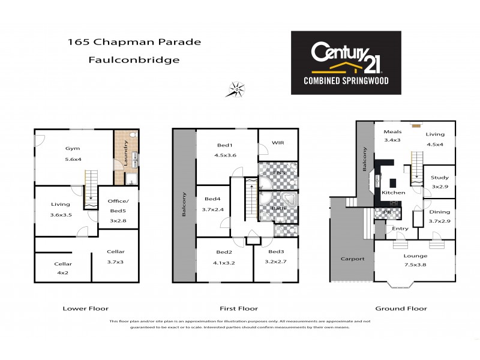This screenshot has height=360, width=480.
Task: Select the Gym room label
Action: pyautogui.click(x=73, y=148)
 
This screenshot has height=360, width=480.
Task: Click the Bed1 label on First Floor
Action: pyautogui.click(x=225, y=146)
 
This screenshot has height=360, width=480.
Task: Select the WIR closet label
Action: pyautogui.click(x=278, y=143)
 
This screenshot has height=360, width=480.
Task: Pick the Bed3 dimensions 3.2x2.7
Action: pyautogui.click(x=276, y=262)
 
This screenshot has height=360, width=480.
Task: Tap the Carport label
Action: pyautogui.click(x=353, y=259)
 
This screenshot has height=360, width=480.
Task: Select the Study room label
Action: pyautogui.click(x=440, y=178)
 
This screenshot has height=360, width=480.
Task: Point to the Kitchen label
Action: pyautogui.click(x=393, y=193)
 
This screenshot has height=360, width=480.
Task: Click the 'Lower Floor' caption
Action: pyautogui.click(x=86, y=308)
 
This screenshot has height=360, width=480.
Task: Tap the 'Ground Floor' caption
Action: pyautogui.click(x=401, y=308)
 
